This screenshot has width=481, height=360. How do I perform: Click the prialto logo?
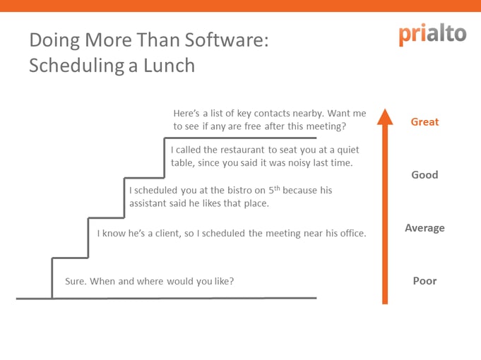(x=432, y=35)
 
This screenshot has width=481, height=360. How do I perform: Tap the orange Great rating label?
(x=424, y=121)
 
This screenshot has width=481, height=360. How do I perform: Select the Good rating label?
(x=424, y=175)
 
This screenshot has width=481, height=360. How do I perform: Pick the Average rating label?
(x=424, y=228)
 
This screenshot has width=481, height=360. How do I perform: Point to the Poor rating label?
(x=424, y=281)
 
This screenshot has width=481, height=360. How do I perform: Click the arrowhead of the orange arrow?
(x=385, y=116)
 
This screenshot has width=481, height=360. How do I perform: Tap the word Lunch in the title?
(x=169, y=66)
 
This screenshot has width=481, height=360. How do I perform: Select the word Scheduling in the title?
(x=77, y=66)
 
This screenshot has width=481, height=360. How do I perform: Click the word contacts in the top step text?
(x=272, y=114)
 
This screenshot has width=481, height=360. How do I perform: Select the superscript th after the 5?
(x=277, y=188)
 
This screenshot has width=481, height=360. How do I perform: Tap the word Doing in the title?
(x=54, y=41)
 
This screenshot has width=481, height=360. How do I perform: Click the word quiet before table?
(x=348, y=150)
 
